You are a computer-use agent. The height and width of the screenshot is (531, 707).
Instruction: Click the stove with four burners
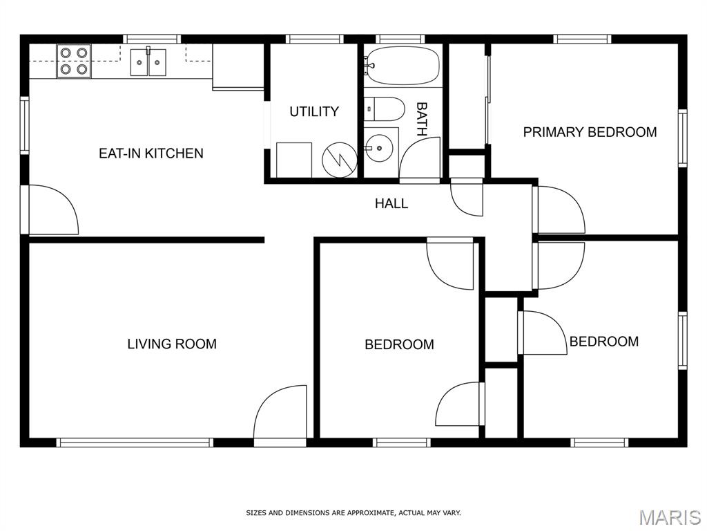74,61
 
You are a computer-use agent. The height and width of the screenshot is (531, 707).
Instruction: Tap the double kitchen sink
148,62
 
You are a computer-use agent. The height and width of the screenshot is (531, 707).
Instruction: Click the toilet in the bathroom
384,109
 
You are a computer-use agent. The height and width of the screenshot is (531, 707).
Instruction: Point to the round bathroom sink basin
379,148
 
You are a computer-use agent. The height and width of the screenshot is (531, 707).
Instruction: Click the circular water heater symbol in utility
339,160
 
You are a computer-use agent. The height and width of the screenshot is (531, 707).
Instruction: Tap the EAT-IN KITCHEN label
151,153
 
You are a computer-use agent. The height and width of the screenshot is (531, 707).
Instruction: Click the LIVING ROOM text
172,344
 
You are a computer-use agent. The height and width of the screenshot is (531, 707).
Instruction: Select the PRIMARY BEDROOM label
590,132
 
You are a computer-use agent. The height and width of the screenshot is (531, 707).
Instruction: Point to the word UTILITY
314,111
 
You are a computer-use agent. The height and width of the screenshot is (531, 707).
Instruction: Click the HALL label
391,203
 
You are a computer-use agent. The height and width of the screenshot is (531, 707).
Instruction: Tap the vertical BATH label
422,119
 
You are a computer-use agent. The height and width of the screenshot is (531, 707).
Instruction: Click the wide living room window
135,442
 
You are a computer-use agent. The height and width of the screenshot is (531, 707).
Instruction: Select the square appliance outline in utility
294,160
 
